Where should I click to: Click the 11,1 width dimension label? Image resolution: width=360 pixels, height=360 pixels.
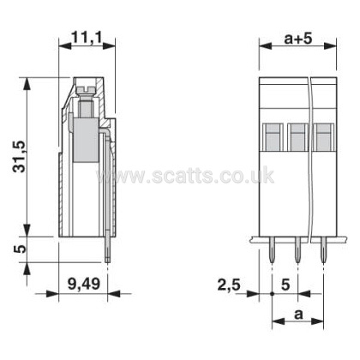pos(87,38)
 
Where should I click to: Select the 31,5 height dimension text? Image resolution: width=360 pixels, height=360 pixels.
pos(21,156)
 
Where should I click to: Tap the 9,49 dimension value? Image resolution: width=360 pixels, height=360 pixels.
pos(84,284)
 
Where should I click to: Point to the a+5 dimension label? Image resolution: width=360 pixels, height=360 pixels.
pos(298,39)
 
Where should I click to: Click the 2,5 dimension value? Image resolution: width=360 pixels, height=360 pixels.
pos(229,285)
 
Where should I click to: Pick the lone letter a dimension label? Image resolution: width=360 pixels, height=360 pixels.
pos(298,315)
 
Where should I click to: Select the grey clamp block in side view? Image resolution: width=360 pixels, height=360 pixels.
pos(86,140)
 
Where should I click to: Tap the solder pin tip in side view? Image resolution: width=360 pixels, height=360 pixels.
pos(108,259)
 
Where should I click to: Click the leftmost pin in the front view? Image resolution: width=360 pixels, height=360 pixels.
pos(272,250)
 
